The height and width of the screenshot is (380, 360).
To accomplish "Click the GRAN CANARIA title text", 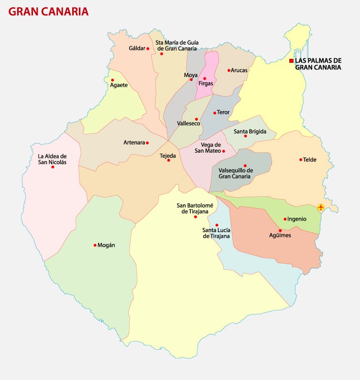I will click(x=48, y=11).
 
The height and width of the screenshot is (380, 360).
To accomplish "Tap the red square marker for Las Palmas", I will click(x=291, y=61).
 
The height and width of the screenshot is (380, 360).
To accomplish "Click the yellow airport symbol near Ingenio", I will click(x=320, y=207).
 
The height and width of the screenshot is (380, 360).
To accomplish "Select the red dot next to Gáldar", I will click(x=148, y=48).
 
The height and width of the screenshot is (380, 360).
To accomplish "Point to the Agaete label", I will click(x=119, y=85).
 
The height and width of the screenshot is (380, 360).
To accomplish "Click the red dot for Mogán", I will click(x=95, y=245).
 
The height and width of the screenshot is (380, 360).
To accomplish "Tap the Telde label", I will click(x=310, y=160).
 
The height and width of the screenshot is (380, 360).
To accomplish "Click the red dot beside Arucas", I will click(x=229, y=70).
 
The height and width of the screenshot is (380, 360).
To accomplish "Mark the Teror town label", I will click(x=223, y=112).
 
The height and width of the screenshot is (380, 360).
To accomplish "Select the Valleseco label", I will click(x=188, y=123).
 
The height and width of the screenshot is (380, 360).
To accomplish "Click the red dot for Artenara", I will click(x=147, y=143).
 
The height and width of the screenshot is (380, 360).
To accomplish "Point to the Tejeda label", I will click(x=168, y=156).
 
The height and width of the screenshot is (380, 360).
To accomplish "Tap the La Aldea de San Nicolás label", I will click(x=52, y=159).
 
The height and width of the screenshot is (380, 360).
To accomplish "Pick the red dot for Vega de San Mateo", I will click(x=223, y=151).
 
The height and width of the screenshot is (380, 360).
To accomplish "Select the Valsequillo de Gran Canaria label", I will click(x=234, y=173).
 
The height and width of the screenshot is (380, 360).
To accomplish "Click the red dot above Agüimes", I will click(x=280, y=230).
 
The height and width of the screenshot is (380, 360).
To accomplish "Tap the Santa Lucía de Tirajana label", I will click(x=217, y=233).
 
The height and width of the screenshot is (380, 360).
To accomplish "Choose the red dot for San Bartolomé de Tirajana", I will click(x=195, y=217).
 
